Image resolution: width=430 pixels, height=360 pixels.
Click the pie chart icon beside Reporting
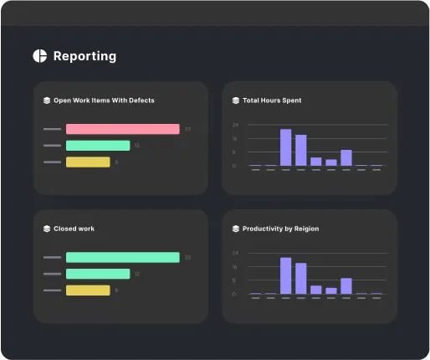point(39,56)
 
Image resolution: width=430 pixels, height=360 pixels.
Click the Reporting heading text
point(84,56)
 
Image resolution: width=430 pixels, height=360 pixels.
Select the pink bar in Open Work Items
point(122,129)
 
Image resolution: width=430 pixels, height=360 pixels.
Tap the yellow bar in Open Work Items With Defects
point(88,162)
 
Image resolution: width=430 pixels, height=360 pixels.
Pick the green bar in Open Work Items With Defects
point(98,146)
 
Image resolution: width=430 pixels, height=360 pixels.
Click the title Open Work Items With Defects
point(104,100)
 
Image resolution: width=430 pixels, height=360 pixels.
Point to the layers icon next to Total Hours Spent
point(236,100)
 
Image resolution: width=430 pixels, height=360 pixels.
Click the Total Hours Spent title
point(272,100)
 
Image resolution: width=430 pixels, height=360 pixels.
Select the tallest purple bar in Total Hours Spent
point(285,147)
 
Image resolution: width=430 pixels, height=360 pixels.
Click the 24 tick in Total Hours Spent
point(235,125)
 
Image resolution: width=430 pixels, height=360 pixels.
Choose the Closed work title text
point(74,229)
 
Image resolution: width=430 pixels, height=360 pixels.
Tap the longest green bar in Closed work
point(122,257)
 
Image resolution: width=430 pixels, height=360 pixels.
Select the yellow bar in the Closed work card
point(88,291)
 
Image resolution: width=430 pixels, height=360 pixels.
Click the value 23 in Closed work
point(188,257)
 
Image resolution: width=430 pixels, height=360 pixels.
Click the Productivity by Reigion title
point(280,229)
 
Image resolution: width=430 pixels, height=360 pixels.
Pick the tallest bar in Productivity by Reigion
point(285,275)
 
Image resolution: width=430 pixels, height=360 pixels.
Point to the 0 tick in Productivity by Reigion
point(235,294)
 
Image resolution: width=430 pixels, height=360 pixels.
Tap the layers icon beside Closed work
point(47,229)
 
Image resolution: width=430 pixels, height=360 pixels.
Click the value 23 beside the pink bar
point(188,129)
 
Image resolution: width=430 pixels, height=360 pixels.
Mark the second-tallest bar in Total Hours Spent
point(301,150)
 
